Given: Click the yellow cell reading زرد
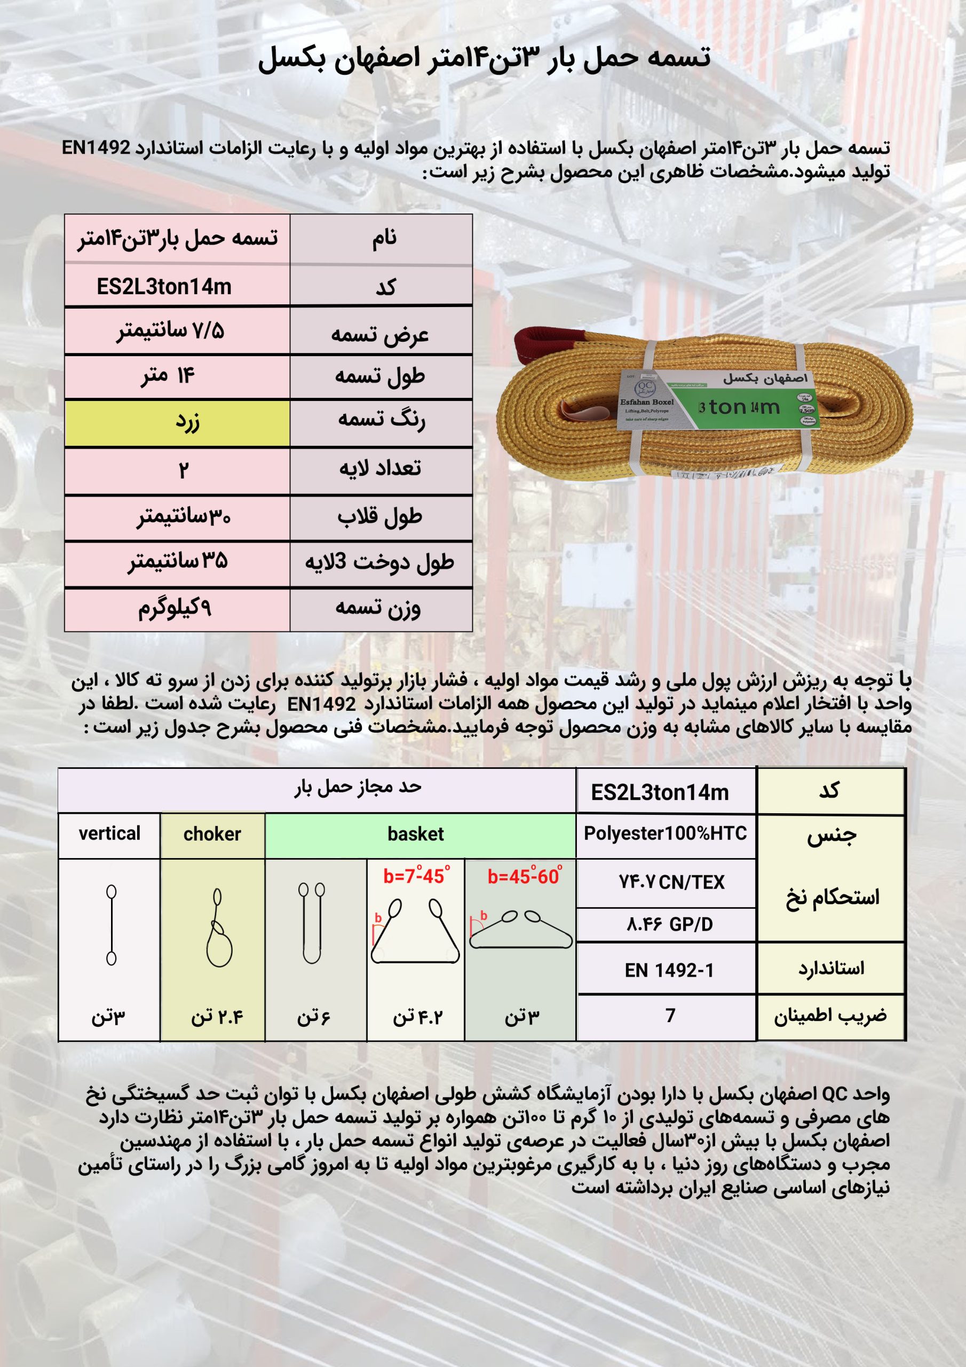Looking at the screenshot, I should pos(177,423).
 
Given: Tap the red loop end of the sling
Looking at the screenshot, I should pos(542,345).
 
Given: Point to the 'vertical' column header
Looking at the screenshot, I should pos(109,834).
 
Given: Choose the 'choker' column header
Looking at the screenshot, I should pos(212,834).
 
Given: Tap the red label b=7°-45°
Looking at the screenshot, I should pos(416,876).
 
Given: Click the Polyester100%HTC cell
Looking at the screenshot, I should pos(666,834).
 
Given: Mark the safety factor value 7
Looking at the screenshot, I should pos(670,1015).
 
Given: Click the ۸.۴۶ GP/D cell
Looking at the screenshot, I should pos(669,925).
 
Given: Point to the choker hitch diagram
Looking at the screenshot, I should pos(218,928).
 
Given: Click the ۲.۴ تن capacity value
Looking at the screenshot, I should pos(217,1017).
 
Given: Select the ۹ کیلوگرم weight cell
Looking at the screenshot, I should pos(176,609).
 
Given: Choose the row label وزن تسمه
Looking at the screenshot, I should pos(378,609).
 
